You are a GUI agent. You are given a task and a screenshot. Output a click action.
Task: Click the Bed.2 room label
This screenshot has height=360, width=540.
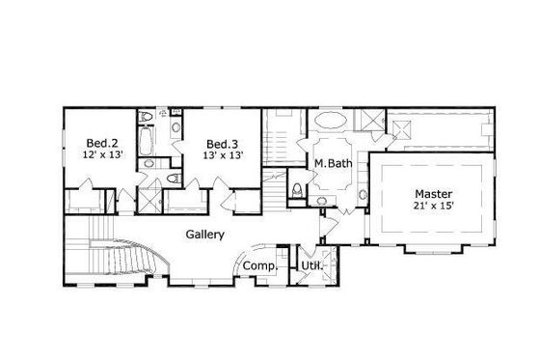[x=103, y=139]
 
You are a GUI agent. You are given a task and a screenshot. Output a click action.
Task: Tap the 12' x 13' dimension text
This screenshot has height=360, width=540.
[x=103, y=153]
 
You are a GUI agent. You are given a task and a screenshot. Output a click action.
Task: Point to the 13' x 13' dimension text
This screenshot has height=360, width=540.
[x=223, y=153]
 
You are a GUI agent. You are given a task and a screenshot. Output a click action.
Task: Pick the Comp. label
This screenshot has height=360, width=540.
[x=259, y=266]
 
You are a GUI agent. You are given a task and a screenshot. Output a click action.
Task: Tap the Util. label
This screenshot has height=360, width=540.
[x=310, y=266]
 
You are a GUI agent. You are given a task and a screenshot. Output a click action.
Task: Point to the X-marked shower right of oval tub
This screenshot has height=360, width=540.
[x=370, y=121]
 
